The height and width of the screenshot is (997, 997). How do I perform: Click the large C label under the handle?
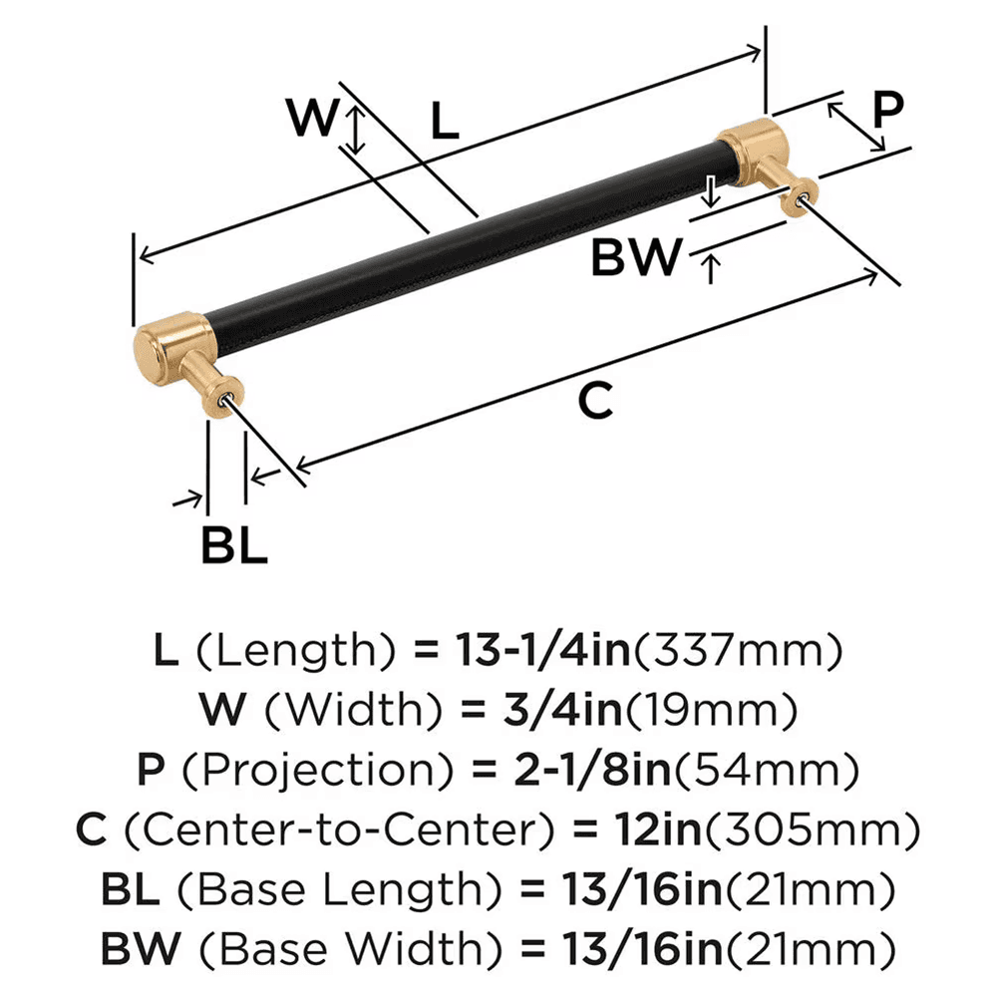[594, 401]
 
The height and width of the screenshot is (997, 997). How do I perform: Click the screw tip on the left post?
[232, 401]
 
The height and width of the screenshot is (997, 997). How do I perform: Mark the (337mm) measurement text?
[739, 652]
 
